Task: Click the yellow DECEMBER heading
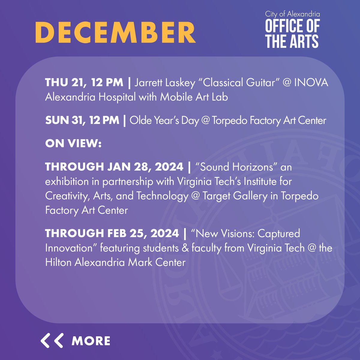115,32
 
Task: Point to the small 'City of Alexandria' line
292,14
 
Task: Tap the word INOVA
311,82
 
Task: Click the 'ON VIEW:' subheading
73,144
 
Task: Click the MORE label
91,341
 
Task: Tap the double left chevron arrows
52,340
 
